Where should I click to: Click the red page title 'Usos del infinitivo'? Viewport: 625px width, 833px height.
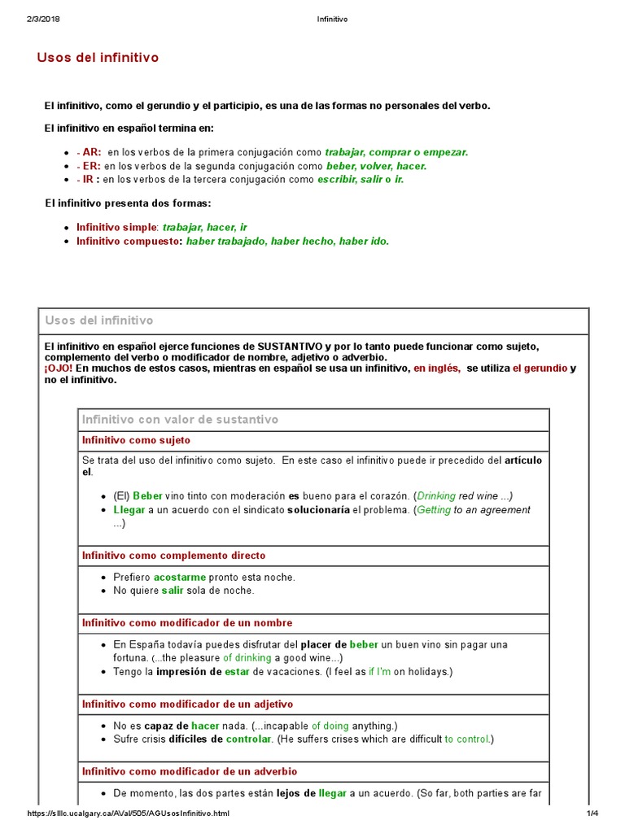pos(98,58)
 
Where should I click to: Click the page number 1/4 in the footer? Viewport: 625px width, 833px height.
pos(591,813)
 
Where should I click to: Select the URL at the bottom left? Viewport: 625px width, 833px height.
pos(129,813)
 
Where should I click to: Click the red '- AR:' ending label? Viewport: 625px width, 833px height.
pos(89,152)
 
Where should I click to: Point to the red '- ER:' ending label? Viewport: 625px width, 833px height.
pos(89,166)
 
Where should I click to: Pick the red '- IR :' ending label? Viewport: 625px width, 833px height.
pos(88,180)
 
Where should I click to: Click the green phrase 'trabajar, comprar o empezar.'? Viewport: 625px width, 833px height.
pos(396,152)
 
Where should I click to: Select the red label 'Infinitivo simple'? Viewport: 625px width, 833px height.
pos(116,227)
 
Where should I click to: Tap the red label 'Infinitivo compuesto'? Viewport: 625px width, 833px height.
pos(129,241)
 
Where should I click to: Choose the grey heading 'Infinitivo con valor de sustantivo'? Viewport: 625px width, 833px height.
pos(180,420)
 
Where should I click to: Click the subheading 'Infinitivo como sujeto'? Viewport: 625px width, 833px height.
pos(136,440)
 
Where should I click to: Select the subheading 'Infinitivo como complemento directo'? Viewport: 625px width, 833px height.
pos(173,556)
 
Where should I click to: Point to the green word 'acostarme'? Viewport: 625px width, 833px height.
pos(179,578)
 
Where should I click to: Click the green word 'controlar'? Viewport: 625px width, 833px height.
pos(248,739)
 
